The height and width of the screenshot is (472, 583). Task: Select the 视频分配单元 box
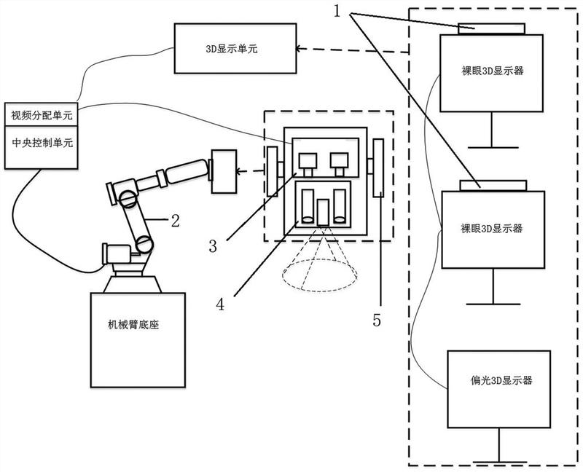pos(41,114)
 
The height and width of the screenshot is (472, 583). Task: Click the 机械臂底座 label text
pos(133,325)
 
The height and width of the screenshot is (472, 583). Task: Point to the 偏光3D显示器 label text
pos(501,380)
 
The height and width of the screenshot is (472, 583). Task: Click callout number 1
pos(337,12)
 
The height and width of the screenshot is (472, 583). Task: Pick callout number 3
pos(213,245)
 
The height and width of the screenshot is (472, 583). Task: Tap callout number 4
pos(220,304)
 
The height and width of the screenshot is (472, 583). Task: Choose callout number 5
pos(377,320)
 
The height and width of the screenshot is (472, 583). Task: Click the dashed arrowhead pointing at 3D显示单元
pos(300,48)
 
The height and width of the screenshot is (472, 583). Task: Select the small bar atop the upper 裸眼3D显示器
pos(491,29)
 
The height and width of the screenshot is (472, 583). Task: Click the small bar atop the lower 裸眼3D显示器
pos(493,186)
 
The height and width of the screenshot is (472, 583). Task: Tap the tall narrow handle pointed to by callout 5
pos(378,168)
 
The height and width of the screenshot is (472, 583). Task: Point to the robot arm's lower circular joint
pos(144,244)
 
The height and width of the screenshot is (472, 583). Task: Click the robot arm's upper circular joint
pos(129,198)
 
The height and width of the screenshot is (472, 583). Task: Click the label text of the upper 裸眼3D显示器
pos(493,71)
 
